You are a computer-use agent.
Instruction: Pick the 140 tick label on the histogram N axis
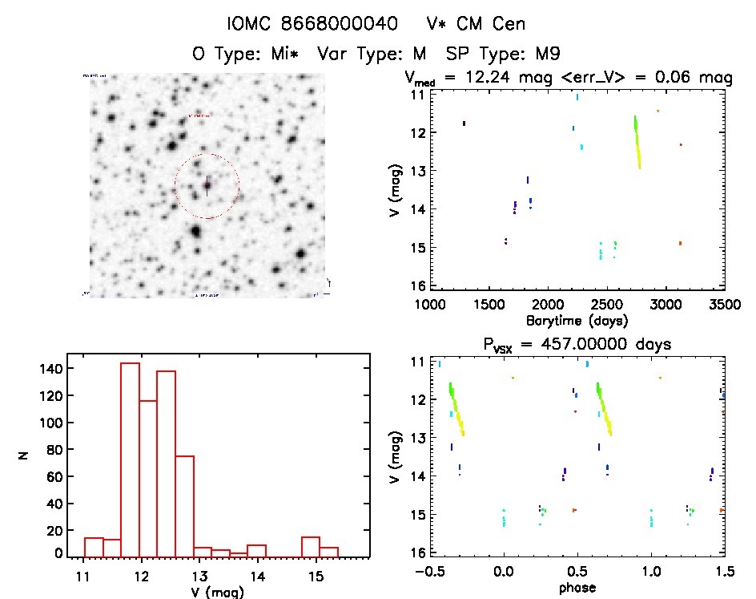50,368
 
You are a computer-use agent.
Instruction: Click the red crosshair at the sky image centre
207,185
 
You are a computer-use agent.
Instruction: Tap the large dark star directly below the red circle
195,232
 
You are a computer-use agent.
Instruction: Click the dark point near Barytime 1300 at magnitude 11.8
464,123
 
